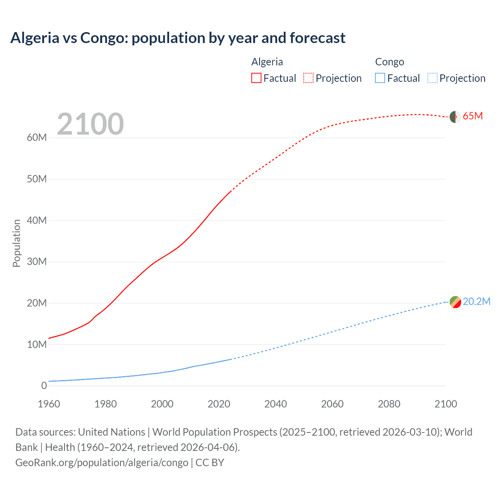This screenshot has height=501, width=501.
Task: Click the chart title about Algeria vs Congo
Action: pyautogui.click(x=178, y=38)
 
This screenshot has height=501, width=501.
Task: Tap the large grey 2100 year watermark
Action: pyautogui.click(x=90, y=124)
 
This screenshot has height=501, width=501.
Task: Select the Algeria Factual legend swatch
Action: pyautogui.click(x=256, y=78)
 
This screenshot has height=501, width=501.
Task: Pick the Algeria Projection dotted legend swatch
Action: pyautogui.click(x=308, y=78)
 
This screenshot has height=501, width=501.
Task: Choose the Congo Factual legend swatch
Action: pyautogui.click(x=380, y=78)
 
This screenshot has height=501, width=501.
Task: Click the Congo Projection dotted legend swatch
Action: pyautogui.click(x=433, y=78)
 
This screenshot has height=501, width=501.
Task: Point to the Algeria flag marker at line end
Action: pyautogui.click(x=455, y=117)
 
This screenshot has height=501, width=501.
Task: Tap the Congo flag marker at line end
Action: pyautogui.click(x=455, y=302)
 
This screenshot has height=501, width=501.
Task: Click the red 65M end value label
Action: pyautogui.click(x=472, y=116)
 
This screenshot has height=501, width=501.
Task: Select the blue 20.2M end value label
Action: pyautogui.click(x=476, y=301)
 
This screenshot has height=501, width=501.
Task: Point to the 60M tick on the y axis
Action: pyautogui.click(x=37, y=138)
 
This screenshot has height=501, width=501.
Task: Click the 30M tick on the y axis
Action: pyautogui.click(x=37, y=261)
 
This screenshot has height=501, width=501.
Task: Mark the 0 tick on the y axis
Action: pyautogui.click(x=44, y=386)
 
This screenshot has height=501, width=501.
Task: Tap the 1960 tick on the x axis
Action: pyautogui.click(x=49, y=404)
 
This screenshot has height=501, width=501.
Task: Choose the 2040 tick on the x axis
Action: pyautogui.click(x=276, y=404)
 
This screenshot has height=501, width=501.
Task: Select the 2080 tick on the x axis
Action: pyautogui.click(x=389, y=404)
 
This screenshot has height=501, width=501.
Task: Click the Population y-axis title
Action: pyautogui.click(x=16, y=243)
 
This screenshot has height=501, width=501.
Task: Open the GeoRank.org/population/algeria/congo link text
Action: pyautogui.click(x=102, y=463)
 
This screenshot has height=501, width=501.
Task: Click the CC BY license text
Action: pyautogui.click(x=210, y=463)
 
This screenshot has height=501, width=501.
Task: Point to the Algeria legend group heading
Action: pyautogui.click(x=267, y=62)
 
